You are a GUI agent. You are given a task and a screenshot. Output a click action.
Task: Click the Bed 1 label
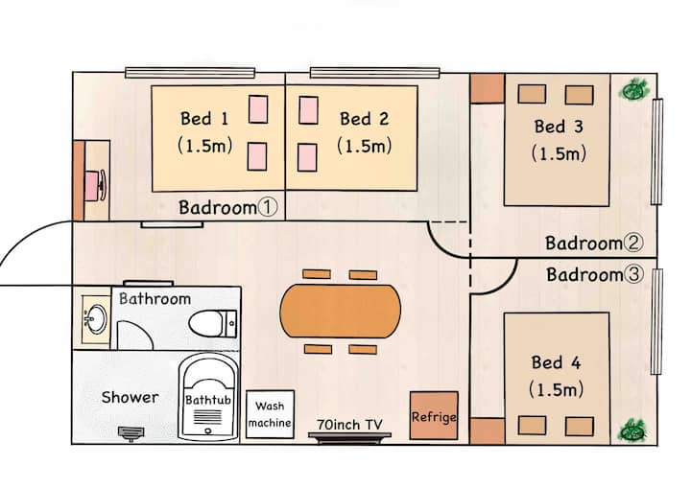click(203, 120)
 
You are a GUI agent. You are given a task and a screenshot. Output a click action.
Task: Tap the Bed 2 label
click(364, 120)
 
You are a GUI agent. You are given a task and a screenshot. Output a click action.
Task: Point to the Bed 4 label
click(557, 362)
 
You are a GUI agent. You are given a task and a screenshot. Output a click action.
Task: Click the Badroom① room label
click(227, 207)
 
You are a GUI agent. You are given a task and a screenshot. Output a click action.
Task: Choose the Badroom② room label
click(594, 244)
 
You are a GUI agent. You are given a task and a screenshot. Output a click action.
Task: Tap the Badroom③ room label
click(595, 275)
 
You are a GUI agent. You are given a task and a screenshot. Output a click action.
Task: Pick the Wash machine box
click(270, 414)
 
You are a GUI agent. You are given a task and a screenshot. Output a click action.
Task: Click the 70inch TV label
click(350, 423)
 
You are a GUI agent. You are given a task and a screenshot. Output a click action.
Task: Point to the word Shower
click(130, 397)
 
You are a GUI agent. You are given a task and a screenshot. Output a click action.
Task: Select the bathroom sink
click(94, 317)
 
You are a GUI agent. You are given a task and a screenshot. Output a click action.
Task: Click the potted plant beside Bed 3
click(633, 90)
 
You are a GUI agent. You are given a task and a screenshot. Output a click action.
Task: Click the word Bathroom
click(155, 299)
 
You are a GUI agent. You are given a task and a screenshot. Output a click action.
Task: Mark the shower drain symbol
click(130, 433)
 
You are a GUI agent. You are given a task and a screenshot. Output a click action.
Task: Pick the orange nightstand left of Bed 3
click(488, 88)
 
